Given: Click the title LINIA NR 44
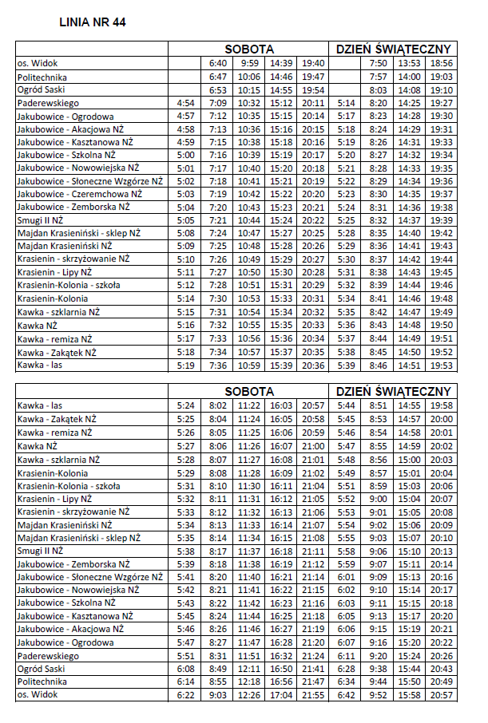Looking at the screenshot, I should click(93, 22).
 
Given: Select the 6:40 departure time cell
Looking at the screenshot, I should click(217, 63).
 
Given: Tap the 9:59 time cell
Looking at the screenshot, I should click(249, 63).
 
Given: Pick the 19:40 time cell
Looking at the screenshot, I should click(314, 63).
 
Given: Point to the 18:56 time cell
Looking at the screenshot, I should click(442, 63).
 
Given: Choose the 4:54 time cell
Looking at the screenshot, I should click(185, 103).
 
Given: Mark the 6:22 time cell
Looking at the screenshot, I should click(185, 696).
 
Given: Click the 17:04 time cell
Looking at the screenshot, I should click(281, 696).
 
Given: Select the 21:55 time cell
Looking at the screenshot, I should click(314, 696).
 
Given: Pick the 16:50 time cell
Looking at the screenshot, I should click(281, 669).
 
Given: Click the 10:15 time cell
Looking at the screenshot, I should click(249, 90).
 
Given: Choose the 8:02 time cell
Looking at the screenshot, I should click(217, 405).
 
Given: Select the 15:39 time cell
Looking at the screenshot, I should click(281, 365).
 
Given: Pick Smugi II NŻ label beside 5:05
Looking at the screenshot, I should click(40, 220).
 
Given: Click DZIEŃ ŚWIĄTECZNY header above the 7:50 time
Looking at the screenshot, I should click(394, 49).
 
